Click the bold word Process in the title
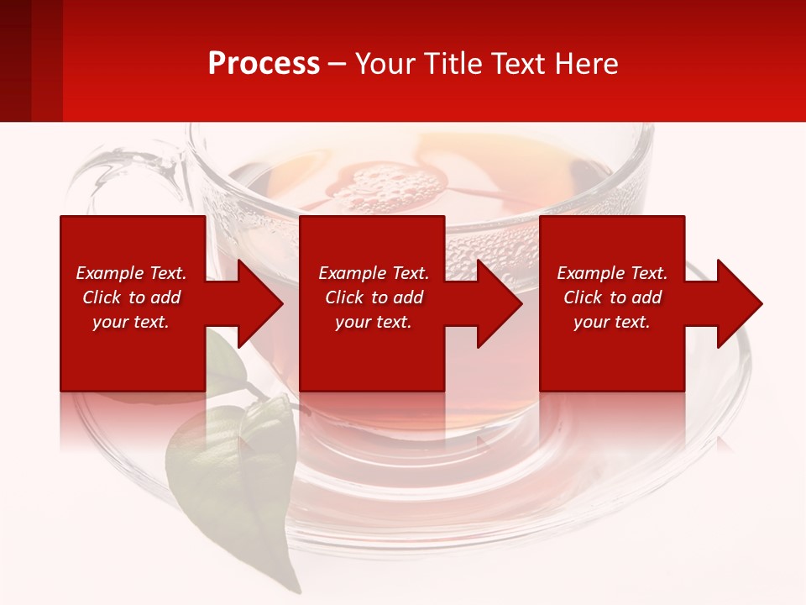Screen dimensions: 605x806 coord(264,64)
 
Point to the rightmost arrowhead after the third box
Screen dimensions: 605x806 coord(738,303)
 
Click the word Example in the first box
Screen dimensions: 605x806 coord(110,273)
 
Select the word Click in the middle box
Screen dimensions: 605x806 coord(345,297)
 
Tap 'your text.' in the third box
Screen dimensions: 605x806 coord(611,322)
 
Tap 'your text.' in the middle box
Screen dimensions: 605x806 coord(373,322)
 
